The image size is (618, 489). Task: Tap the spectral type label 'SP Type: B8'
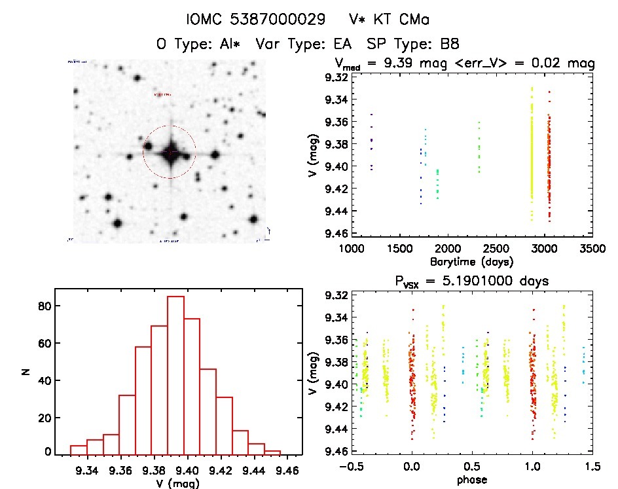[413, 45]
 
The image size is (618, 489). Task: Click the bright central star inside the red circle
[170, 152]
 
